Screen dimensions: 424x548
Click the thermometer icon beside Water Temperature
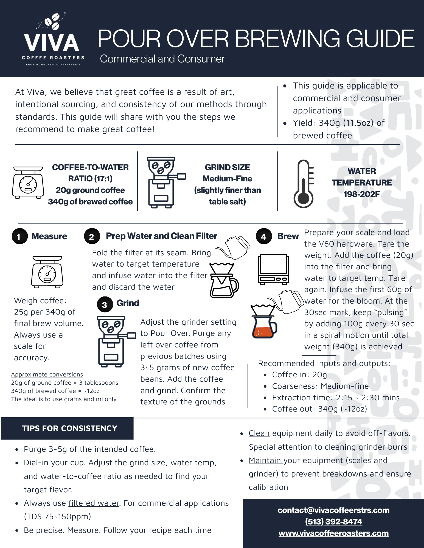[304, 184]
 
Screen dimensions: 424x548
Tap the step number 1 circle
[19, 236]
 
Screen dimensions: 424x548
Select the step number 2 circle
[92, 236]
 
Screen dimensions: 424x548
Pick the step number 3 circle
[105, 304]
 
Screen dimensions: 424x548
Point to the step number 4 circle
[263, 236]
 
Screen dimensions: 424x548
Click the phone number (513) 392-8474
[333, 522]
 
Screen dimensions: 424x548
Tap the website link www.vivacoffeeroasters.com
[333, 533]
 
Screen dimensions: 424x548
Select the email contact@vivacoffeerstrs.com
[333, 510]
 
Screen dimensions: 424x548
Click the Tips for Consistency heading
[69, 428]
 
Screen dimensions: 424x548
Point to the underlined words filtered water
[94, 503]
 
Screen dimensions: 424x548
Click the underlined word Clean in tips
[259, 433]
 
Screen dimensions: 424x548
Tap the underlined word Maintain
[266, 461]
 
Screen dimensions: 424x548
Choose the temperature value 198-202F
[362, 194]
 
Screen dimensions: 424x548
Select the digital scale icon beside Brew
[273, 269]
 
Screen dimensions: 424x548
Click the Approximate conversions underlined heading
[47, 375]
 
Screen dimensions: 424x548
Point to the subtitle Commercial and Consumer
[162, 59]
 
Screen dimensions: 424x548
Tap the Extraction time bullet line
[335, 398]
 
